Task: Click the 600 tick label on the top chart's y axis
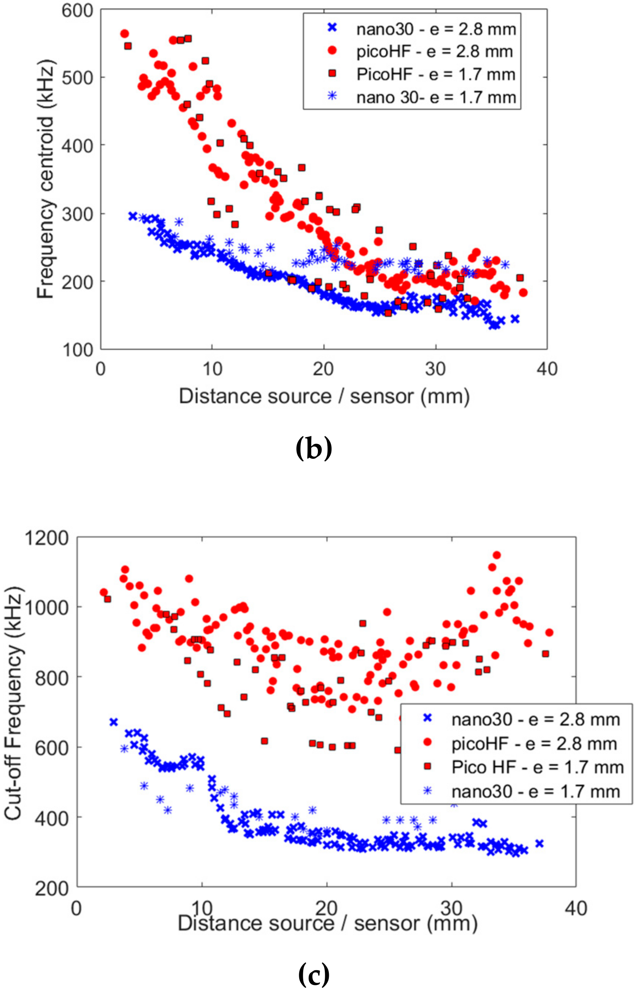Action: (77, 10)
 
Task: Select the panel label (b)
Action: (314, 450)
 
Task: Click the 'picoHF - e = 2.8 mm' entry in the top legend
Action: (435, 52)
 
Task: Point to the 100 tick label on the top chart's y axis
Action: (77, 349)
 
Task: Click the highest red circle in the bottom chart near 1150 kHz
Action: (496, 555)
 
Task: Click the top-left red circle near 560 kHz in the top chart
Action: (124, 34)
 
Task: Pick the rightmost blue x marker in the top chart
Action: (515, 318)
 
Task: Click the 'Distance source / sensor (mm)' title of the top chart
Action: (324, 396)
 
